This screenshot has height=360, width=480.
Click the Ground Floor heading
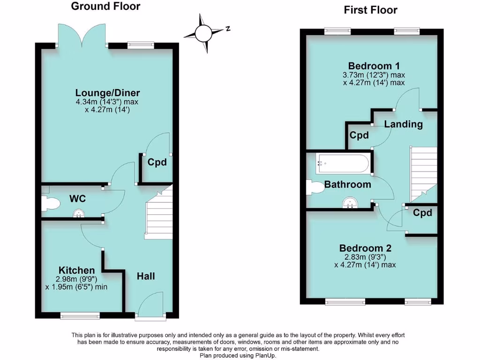coord(105,7)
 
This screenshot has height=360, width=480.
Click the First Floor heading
coord(370,10)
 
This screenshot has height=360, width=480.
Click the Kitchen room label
coord(76,270)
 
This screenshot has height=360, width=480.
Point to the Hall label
coord(146,276)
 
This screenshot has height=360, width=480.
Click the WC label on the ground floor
coord(78,199)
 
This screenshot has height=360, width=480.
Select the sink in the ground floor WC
coord(78,214)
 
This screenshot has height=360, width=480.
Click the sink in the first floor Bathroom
coord(349,202)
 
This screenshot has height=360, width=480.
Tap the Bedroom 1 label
coord(374,66)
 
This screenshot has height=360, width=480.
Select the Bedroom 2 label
coord(365,248)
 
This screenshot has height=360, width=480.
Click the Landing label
coord(403,124)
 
